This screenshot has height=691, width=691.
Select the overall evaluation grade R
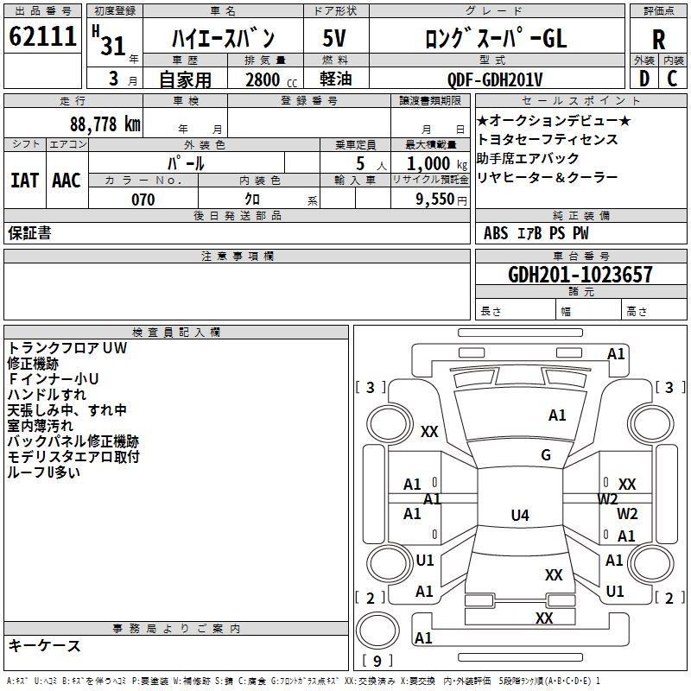tap(658, 40)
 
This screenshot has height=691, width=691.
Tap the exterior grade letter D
tap(643, 79)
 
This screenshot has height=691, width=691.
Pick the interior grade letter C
tap(673, 79)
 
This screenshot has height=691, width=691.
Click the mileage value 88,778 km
tap(105, 124)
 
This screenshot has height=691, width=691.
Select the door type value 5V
tap(335, 39)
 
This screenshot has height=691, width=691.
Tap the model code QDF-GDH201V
tap(495, 80)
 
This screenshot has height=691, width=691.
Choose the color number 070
tap(143, 200)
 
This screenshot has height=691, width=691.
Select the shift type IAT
tap(24, 180)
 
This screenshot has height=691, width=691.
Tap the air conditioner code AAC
tap(67, 180)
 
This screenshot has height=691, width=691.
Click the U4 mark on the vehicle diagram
tap(519, 516)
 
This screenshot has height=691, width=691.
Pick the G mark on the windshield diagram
tap(545, 455)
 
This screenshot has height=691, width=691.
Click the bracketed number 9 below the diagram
tap(377, 662)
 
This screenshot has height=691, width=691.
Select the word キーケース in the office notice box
tap(45, 645)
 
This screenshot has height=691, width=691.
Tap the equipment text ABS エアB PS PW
tap(536, 233)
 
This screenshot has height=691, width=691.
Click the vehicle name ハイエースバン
tap(224, 39)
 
